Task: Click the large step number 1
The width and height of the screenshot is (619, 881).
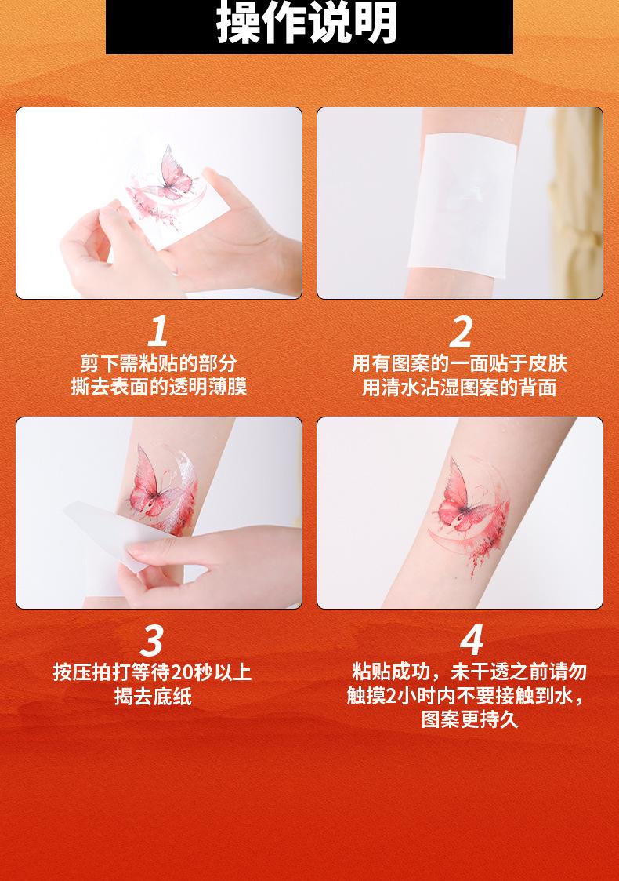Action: click(157, 331)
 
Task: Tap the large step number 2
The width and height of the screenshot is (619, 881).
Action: click(460, 332)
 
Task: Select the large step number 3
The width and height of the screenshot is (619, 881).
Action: click(151, 641)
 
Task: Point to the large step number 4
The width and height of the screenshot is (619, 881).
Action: click(472, 640)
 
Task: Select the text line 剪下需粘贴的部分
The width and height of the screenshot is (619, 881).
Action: click(158, 363)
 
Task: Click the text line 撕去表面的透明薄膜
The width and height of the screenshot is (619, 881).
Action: click(158, 387)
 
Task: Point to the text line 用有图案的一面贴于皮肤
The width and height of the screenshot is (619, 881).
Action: click(459, 363)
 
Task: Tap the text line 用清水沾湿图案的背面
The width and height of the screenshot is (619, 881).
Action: click(459, 387)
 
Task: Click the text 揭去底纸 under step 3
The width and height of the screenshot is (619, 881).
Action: click(153, 696)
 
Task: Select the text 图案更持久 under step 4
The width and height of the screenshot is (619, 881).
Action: click(469, 719)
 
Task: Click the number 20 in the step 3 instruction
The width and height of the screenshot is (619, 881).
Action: click(183, 672)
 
